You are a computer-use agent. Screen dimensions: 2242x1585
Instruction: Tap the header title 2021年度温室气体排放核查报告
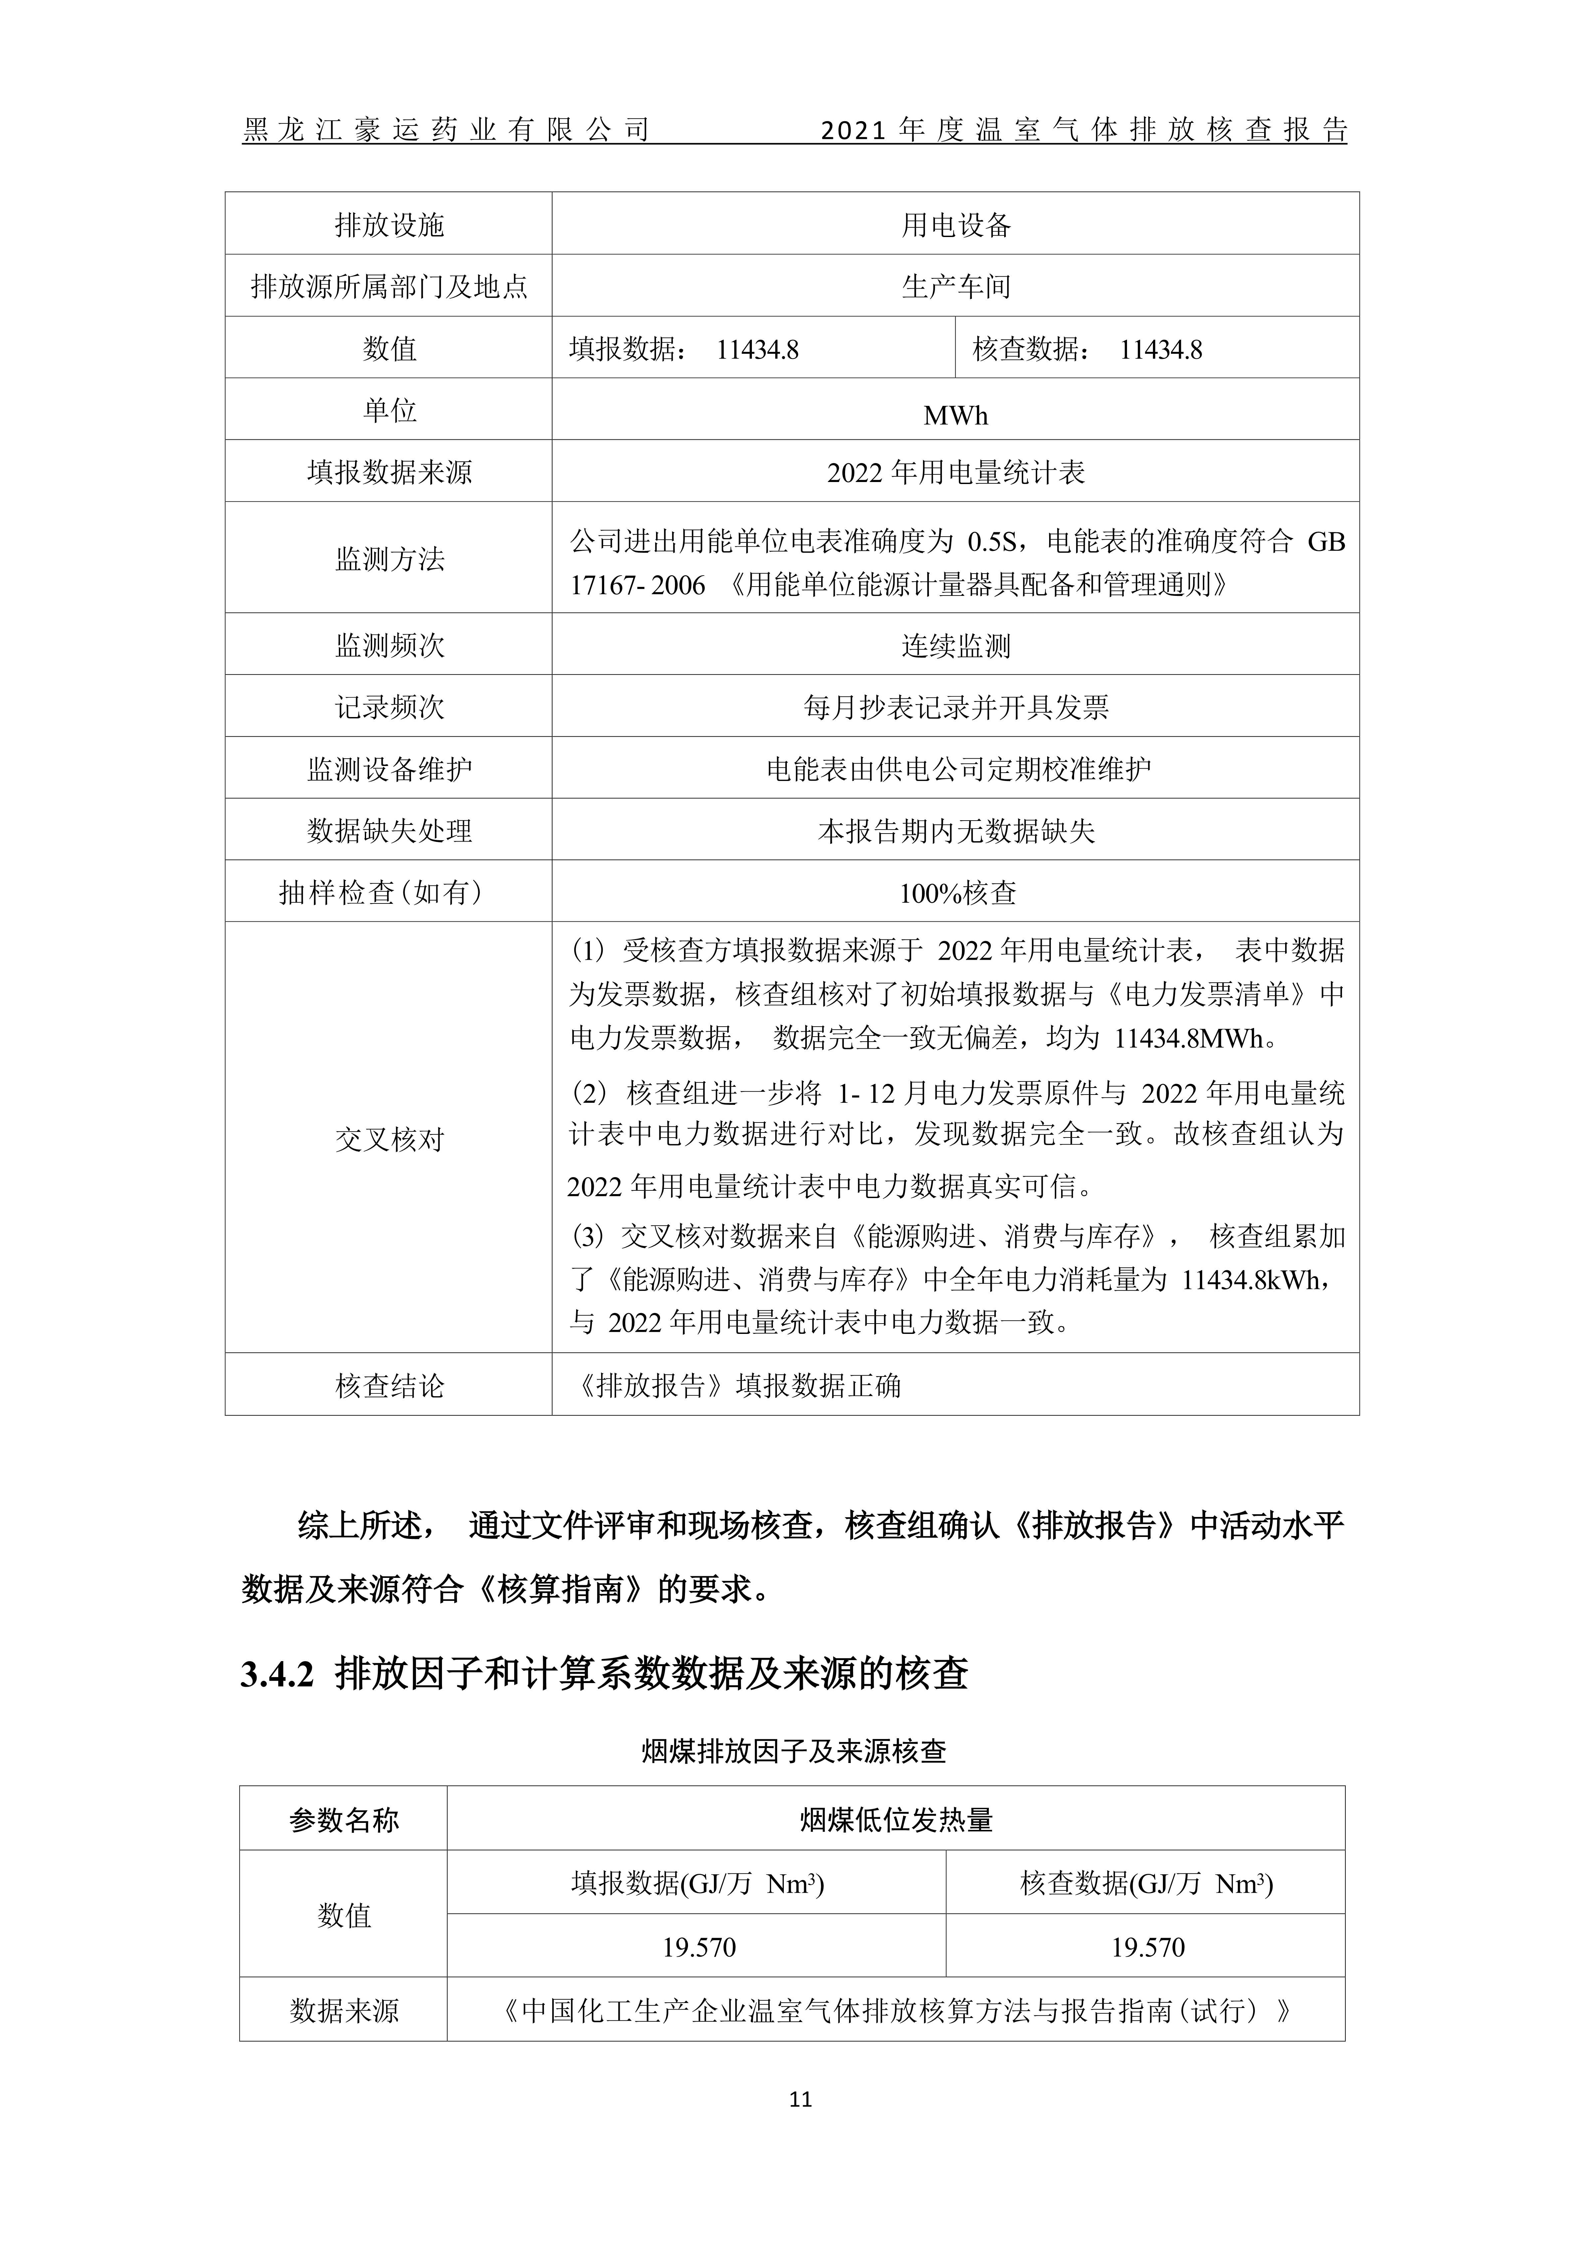click(x=1084, y=130)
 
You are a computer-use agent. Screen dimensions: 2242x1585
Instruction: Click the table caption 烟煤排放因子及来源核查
click(x=793, y=1751)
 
